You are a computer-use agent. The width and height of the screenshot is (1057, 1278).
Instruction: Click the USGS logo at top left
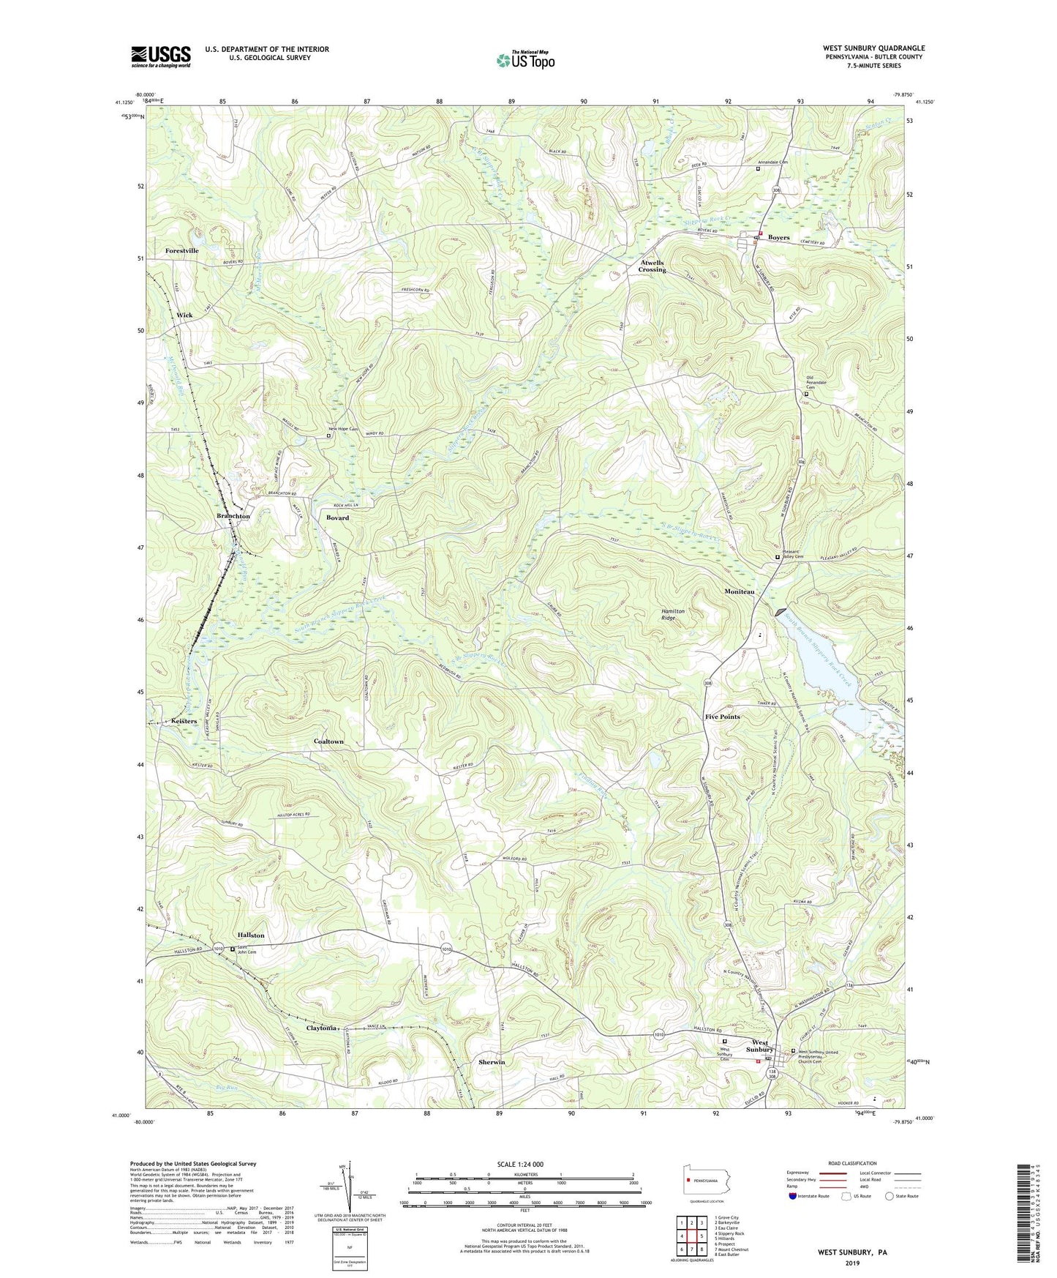point(161,56)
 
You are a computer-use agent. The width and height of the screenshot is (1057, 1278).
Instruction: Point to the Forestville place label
point(181,250)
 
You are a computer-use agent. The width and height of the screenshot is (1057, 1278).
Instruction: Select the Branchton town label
point(233,516)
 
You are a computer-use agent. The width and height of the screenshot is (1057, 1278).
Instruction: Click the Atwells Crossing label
point(651,266)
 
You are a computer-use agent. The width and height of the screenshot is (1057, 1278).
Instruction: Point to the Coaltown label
point(328,741)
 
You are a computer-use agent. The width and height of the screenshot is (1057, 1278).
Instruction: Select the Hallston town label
point(251,935)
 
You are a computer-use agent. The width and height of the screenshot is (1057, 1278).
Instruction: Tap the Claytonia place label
point(321,1028)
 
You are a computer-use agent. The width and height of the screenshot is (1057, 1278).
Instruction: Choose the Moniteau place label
point(744,591)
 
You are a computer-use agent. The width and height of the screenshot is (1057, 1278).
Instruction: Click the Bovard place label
point(337,517)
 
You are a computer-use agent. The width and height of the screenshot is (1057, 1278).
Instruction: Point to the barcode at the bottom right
point(1027,1215)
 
